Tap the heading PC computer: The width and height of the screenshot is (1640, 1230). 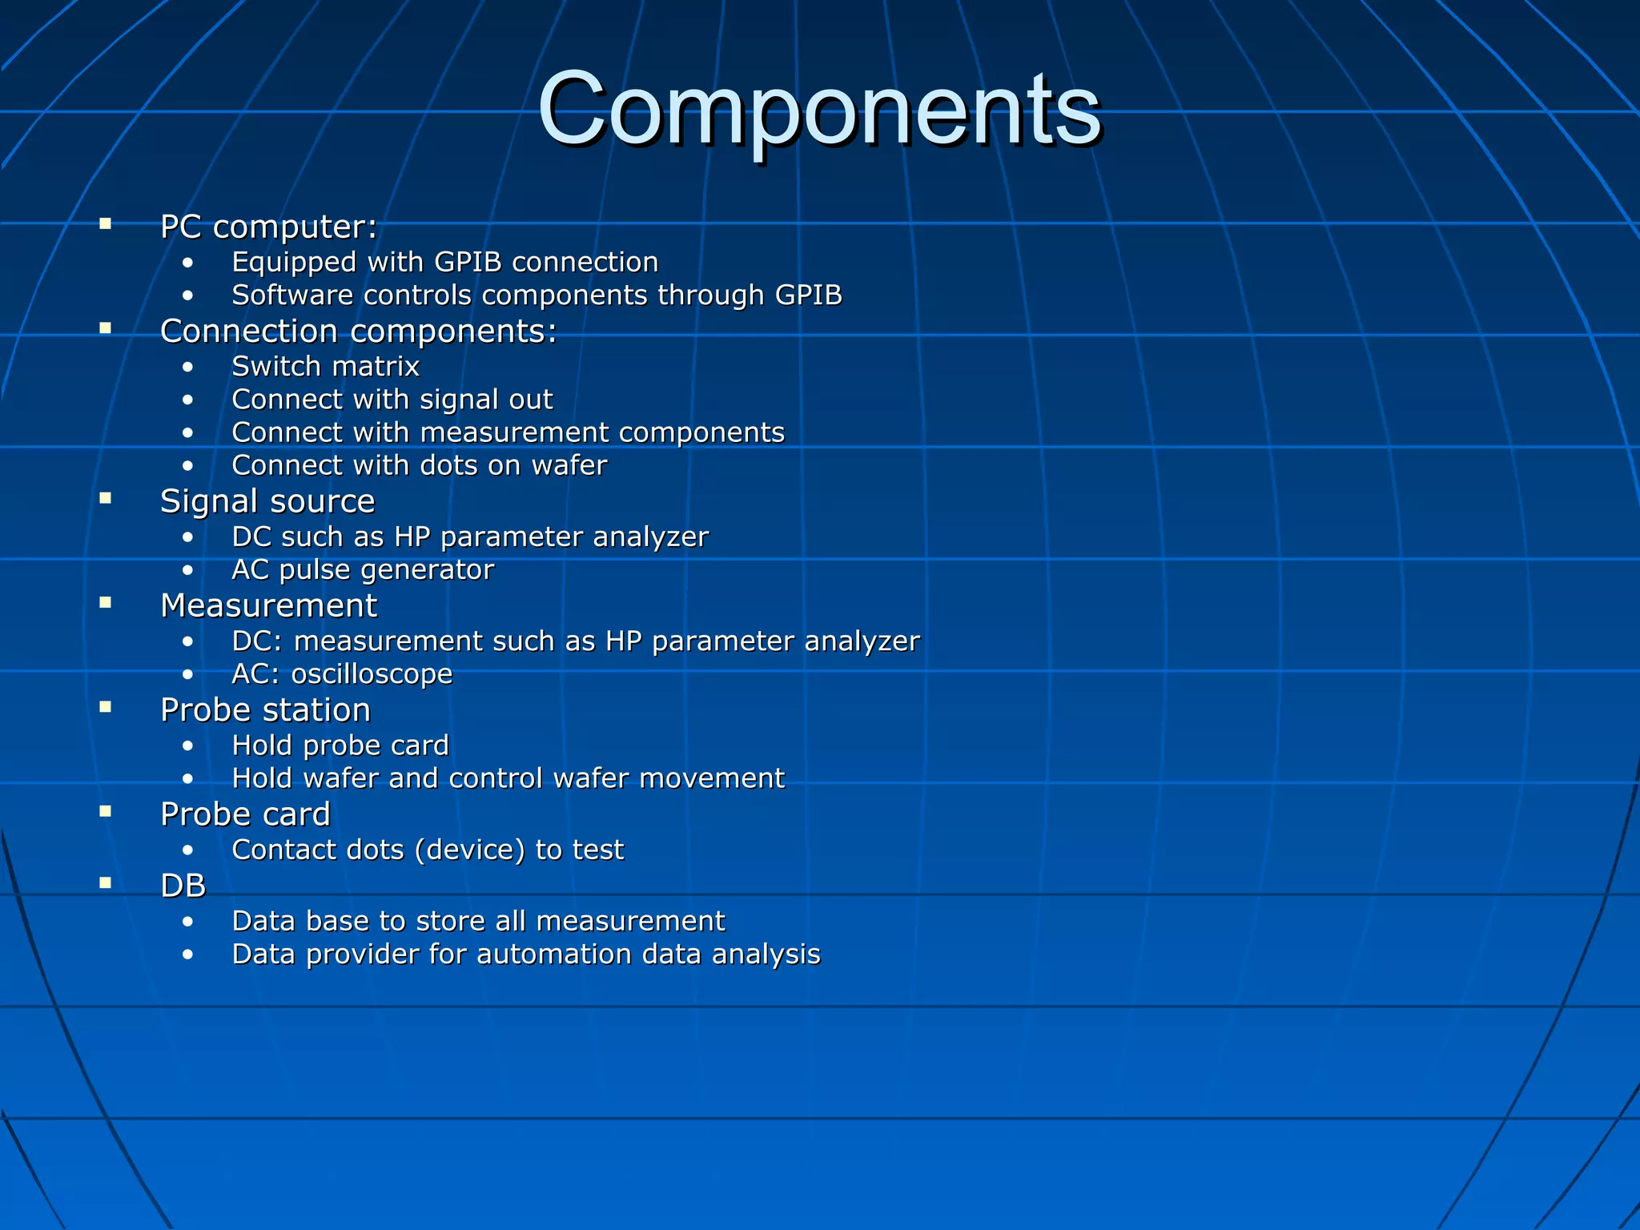coord(268,227)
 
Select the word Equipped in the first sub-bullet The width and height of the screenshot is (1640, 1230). coord(294,263)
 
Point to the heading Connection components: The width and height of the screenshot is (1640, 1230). coord(358,332)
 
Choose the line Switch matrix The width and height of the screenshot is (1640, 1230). coord(325,367)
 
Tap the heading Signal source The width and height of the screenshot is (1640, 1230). coord(267,502)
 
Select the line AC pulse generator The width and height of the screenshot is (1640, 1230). coord(362,570)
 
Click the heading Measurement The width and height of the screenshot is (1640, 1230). coord(268,606)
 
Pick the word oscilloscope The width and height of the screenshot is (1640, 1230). coord(372,674)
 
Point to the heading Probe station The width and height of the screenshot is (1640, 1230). coord(265,710)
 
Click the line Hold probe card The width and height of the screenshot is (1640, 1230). coord(340,746)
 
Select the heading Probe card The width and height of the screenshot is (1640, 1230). coord(245,814)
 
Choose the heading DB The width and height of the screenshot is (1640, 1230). coord(183,886)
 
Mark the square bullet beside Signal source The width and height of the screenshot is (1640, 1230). coord(105,498)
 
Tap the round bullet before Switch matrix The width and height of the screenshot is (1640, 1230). coord(187,368)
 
